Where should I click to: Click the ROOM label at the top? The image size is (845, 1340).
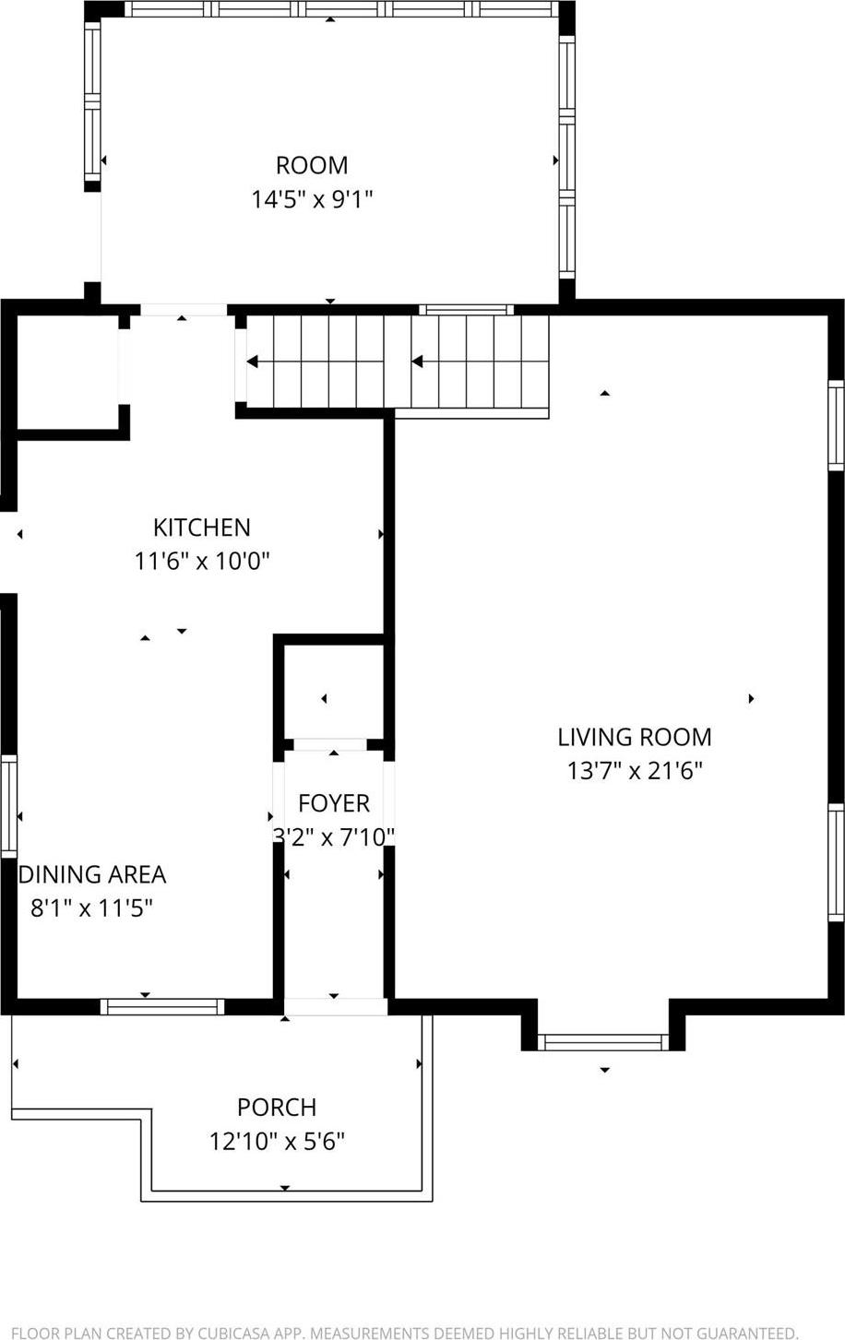312,165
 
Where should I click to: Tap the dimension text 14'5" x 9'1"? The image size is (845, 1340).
312,199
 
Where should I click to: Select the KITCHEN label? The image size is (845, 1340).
201,527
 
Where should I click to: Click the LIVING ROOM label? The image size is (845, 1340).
634,737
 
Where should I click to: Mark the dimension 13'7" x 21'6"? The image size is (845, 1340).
634,771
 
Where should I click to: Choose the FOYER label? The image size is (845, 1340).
333,803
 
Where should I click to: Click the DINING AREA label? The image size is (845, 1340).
92,874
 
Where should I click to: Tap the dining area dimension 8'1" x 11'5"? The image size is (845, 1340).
91,908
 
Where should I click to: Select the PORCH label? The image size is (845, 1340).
276,1107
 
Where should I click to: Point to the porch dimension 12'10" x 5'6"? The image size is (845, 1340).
276,1142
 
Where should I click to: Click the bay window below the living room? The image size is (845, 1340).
603,1042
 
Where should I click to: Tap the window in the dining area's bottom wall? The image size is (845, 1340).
162,1006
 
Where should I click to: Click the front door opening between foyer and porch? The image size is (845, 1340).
335,1006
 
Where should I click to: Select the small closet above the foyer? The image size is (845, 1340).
333,692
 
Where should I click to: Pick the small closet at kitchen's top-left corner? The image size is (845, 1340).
67,373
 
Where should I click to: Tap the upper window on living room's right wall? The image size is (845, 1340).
835,425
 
